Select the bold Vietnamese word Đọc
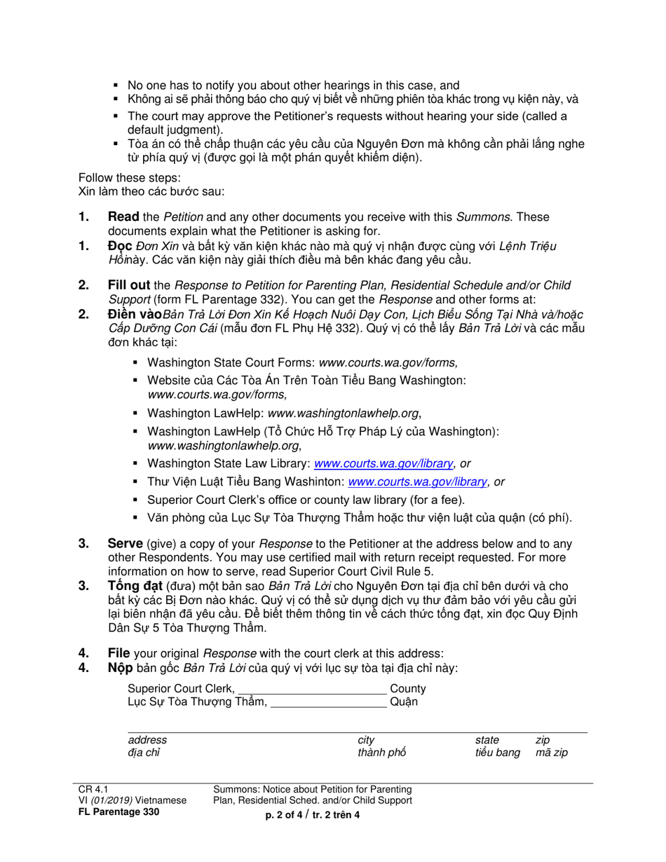point(120,246)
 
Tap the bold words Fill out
point(129,285)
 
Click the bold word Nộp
point(120,668)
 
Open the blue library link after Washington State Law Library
point(383,463)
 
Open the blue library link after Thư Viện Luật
point(417,481)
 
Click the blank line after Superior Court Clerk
point(312,689)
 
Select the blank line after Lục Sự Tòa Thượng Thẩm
point(328,702)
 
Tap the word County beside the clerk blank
point(407,689)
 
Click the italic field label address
point(147,740)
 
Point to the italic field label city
point(366,740)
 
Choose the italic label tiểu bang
point(497,753)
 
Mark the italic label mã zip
point(551,753)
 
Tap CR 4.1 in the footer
point(93,789)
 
